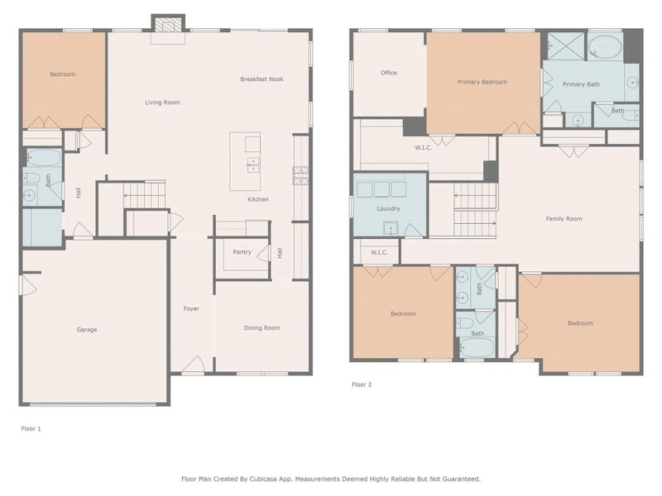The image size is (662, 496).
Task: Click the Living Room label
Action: click(x=162, y=103)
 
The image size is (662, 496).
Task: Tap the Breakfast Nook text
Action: click(x=261, y=79)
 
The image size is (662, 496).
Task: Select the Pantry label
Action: click(x=242, y=252)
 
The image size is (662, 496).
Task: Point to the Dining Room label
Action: click(x=261, y=328)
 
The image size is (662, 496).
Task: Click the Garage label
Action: click(x=87, y=330)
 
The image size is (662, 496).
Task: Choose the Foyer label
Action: click(x=191, y=309)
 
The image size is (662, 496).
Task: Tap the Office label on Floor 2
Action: click(x=388, y=73)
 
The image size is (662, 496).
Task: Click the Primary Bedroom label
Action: click(x=482, y=82)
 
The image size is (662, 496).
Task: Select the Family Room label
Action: click(x=564, y=219)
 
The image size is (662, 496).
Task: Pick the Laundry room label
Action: click(x=388, y=209)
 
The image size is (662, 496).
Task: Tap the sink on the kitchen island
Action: click(x=252, y=163)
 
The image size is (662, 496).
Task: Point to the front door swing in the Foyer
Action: click(x=194, y=365)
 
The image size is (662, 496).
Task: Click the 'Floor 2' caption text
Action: click(x=362, y=384)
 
